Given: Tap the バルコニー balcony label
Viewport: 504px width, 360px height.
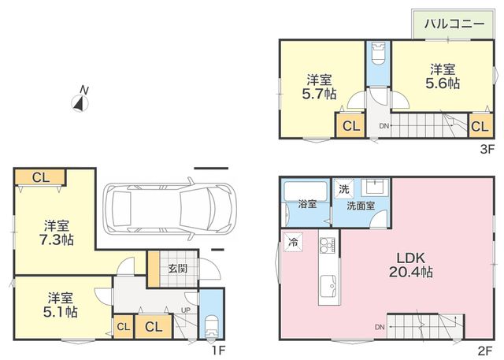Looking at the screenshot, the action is coord(454,24).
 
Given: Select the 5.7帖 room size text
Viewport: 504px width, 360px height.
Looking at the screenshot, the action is coord(319,94).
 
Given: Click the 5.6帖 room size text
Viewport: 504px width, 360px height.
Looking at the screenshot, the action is coord(443,84).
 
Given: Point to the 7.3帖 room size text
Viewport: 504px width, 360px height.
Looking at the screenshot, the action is coord(57,239).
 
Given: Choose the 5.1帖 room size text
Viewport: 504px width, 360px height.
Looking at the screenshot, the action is coord(61,312).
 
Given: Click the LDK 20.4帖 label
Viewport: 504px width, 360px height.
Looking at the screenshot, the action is coord(410,265).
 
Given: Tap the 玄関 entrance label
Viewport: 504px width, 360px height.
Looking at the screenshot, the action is coord(178,269).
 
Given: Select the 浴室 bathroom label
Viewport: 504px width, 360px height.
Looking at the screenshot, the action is coord(307,204).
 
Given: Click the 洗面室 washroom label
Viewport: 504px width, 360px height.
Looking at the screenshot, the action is coord(361,206).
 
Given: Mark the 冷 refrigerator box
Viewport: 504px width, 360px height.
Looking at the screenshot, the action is coord(293,242).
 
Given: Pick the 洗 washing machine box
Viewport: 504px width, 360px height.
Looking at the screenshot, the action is coord(344,189).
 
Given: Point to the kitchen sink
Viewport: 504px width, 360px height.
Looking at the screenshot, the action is coord(328,287).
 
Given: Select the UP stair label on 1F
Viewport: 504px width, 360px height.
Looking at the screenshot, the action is coord(186,310).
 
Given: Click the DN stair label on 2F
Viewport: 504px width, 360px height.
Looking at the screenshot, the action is coord(380,327).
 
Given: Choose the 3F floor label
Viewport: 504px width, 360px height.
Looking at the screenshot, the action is coord(487,149).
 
